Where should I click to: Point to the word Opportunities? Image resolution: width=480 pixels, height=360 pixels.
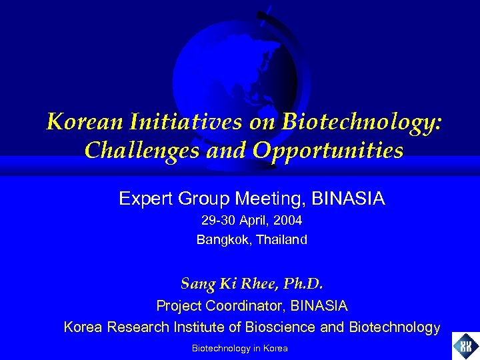(x=327, y=151)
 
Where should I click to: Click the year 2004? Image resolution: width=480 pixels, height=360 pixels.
(x=287, y=220)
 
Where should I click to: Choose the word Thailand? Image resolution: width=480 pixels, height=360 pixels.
(x=282, y=239)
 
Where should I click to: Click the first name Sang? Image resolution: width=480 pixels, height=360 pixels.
(x=197, y=284)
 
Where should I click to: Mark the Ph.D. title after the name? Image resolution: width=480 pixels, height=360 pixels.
(x=303, y=284)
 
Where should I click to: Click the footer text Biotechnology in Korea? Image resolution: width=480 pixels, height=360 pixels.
(x=239, y=348)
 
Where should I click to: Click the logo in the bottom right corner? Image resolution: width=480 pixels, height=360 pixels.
(x=465, y=346)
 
